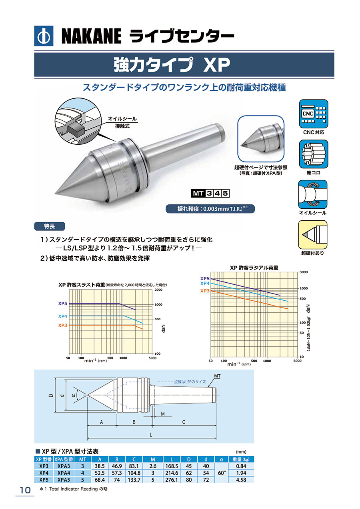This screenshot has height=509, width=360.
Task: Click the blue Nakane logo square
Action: point(44,36)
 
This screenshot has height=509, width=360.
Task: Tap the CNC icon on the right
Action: point(314,114)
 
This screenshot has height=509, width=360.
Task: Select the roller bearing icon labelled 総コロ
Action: point(314,154)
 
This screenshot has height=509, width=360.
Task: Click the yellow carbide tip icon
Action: point(313,235)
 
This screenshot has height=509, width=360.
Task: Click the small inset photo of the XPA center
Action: point(261,139)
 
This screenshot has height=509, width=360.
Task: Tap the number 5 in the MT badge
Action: point(225,194)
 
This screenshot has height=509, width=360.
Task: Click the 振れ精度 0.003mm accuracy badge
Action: point(210,209)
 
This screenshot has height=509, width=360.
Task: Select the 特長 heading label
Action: point(50,226)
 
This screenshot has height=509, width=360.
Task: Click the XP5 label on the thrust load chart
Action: point(62,303)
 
